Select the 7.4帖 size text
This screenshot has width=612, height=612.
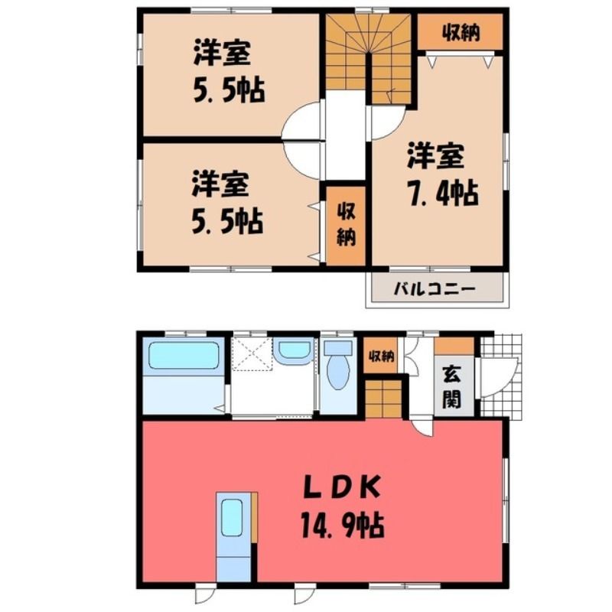443,193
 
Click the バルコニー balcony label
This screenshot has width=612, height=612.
435,289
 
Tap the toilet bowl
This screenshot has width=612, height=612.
338,370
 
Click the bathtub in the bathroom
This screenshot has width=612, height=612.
184,355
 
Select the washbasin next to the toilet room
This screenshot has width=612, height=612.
294,350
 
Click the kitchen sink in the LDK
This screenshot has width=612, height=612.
232,518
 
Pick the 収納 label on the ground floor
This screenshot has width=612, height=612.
381,356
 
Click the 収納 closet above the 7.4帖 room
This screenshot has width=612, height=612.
461,32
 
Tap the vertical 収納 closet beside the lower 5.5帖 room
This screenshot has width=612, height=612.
346,226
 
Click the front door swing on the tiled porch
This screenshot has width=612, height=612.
501,376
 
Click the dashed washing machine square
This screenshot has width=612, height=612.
252,353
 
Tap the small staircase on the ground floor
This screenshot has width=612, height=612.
384,398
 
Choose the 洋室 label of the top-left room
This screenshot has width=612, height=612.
221,53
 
